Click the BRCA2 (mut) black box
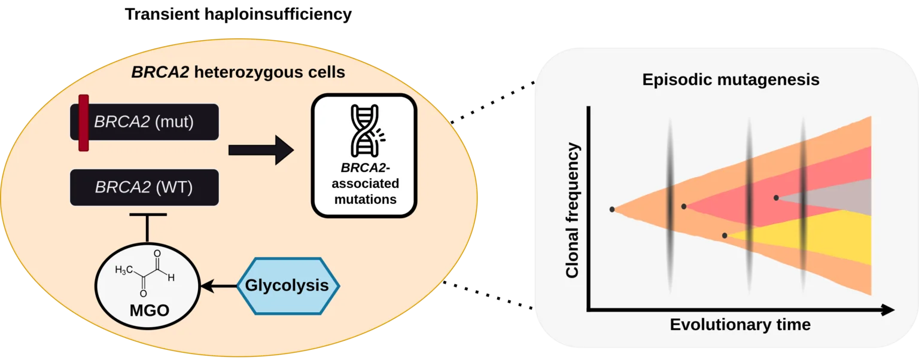click(x=150, y=123)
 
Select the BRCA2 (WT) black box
click(x=144, y=187)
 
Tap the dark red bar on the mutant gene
click(x=84, y=123)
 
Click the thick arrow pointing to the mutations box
click(x=261, y=149)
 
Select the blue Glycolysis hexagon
click(x=287, y=286)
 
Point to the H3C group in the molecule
click(x=124, y=270)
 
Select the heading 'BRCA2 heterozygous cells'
click(x=238, y=73)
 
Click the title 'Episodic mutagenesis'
click(x=731, y=80)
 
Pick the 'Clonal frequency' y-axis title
click(x=573, y=210)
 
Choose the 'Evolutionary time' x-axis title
click(x=740, y=325)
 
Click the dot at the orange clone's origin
click(x=612, y=209)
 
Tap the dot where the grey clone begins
click(x=776, y=197)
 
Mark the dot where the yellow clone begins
click(x=725, y=236)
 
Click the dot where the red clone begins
click(x=684, y=206)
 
